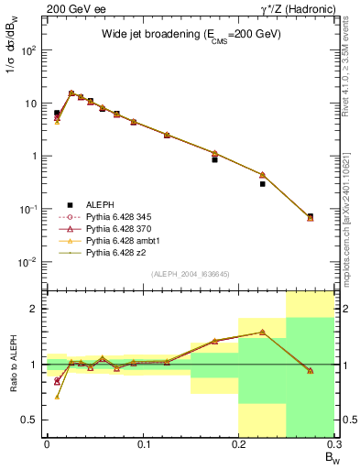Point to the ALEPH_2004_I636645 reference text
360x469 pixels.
click(189, 274)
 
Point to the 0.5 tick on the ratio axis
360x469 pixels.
click(33, 420)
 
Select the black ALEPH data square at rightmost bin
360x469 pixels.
click(311, 216)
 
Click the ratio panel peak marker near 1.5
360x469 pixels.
click(262, 333)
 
